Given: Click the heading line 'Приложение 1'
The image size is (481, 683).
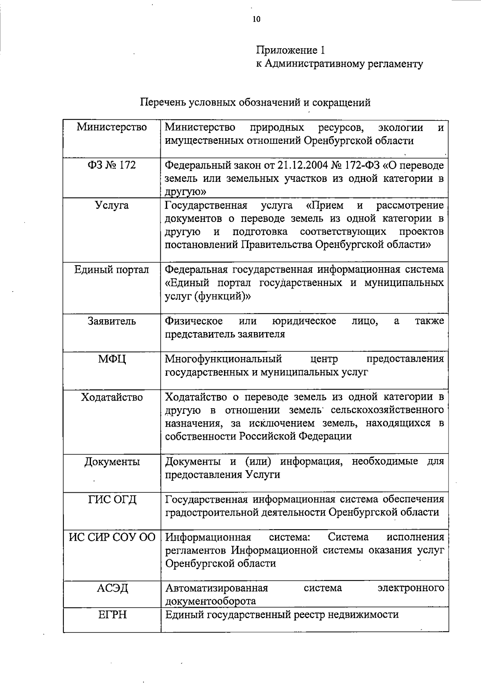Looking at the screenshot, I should (x=290, y=50).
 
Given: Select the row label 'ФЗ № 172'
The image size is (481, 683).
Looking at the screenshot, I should (x=112, y=165).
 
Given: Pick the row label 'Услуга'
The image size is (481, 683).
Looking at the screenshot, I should (x=112, y=206).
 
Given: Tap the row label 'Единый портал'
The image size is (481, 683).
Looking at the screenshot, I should (x=112, y=270).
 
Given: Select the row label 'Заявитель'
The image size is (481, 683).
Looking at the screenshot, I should (x=112, y=321).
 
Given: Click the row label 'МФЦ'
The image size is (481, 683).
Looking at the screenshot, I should (x=112, y=359).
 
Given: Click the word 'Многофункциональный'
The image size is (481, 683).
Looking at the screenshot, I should (x=224, y=359).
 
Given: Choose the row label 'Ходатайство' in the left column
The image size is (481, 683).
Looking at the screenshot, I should (x=112, y=397).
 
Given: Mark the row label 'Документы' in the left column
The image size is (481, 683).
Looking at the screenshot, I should (x=112, y=462).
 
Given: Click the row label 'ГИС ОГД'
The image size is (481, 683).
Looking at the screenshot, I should (x=112, y=500).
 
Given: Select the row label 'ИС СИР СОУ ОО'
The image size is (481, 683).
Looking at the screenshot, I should (x=112, y=537).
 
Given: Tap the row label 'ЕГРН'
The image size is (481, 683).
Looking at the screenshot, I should (x=112, y=614).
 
